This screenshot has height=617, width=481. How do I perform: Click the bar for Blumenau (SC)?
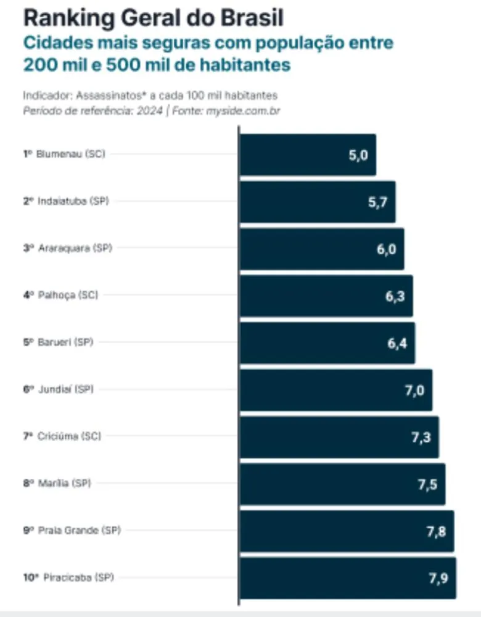pos(307,154)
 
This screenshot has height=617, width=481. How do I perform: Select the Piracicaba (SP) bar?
pos(348,578)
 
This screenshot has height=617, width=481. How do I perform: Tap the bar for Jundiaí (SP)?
pos(335,389)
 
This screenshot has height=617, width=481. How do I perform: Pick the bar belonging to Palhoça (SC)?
pos(326,296)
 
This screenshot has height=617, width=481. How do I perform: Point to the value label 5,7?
pos(377,202)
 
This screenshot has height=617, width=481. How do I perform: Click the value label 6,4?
pos(397,343)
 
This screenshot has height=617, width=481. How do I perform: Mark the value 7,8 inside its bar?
pos(436,531)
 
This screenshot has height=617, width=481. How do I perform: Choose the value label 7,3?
pos(421,437)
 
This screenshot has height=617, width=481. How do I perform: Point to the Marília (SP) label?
pos(64,483)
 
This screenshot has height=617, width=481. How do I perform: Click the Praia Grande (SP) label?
pos(79,531)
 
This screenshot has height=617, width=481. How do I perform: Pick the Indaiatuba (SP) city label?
pos(73,201)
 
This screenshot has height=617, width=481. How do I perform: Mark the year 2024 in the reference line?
pos(152,111)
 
